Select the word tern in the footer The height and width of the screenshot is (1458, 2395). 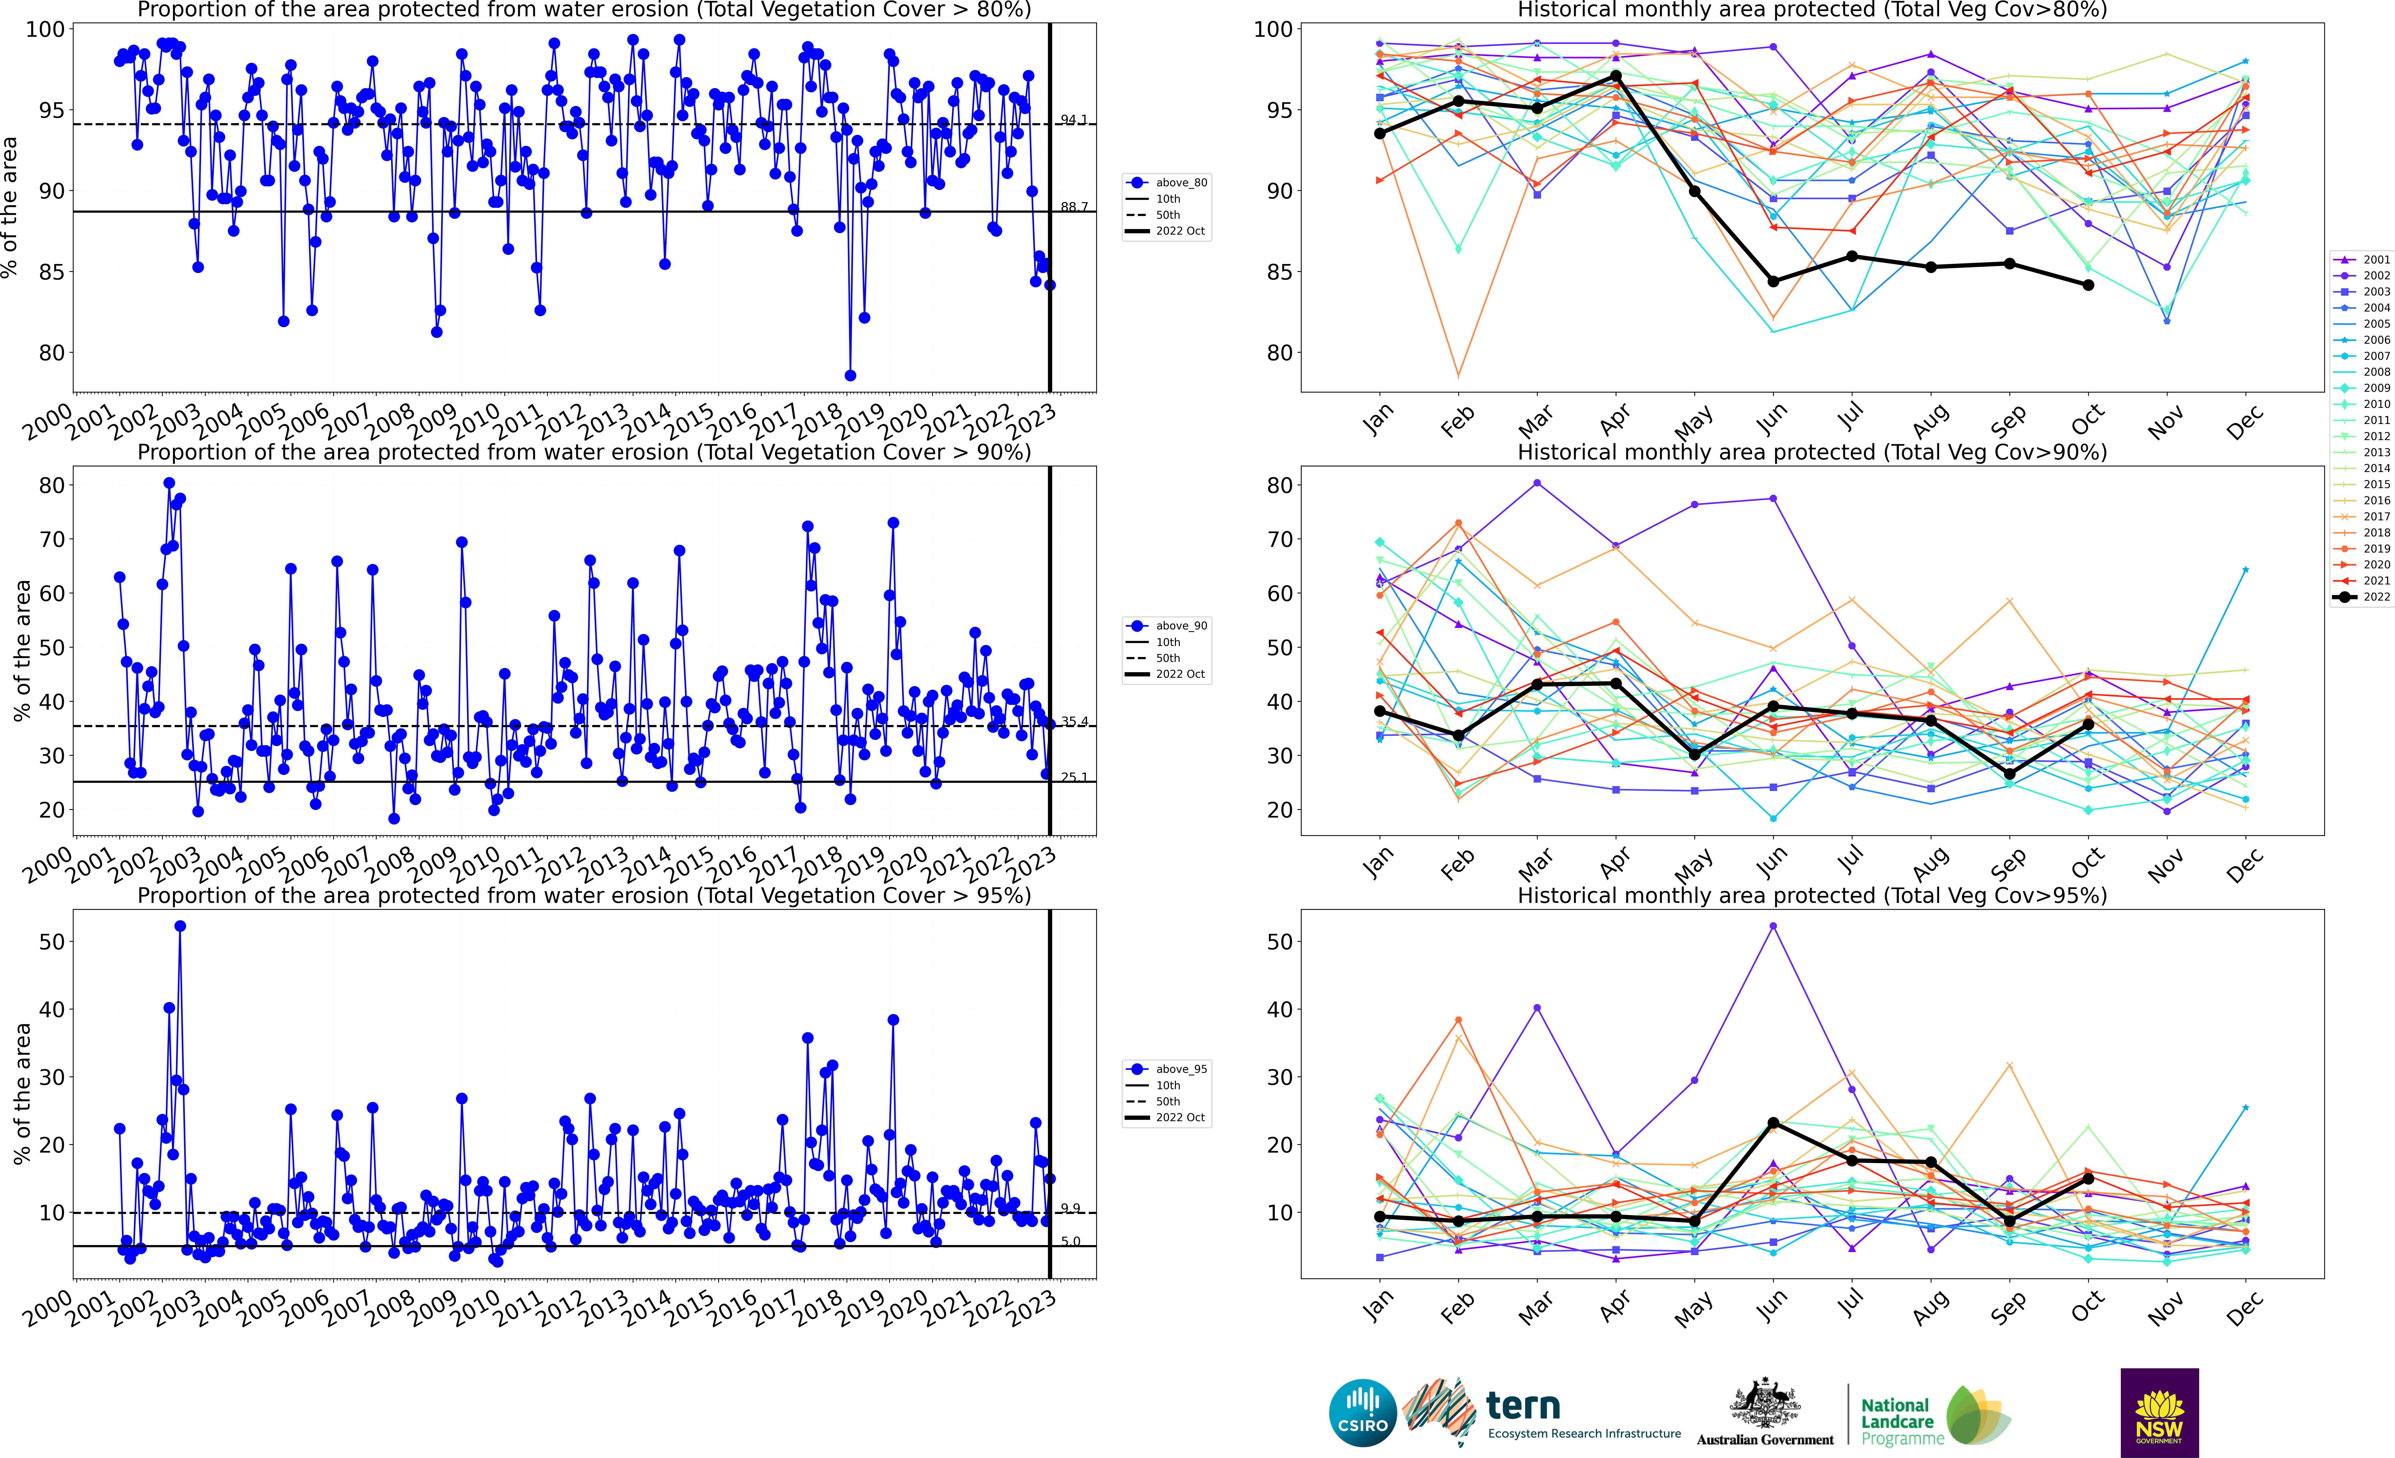point(1523,1406)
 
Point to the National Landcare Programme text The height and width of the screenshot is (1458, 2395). point(1901,1421)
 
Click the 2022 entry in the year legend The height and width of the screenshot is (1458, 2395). point(2364,597)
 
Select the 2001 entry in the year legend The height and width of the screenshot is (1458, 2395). point(2364,259)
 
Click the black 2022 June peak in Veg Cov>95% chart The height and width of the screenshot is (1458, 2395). point(1773,1124)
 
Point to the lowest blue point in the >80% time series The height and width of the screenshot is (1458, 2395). point(850,375)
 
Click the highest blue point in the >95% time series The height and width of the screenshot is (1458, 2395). point(180,926)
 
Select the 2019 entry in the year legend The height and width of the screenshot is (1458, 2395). point(2364,548)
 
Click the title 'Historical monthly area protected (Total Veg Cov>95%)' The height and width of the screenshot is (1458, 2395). point(1812,895)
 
